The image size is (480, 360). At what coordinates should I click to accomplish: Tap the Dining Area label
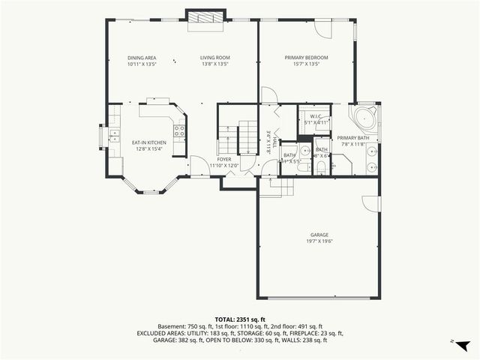(x=142, y=58)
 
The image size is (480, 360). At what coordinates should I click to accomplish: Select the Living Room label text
(x=214, y=58)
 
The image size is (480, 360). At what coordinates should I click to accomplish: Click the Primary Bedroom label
(x=306, y=58)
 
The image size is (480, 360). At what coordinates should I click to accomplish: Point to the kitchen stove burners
(x=179, y=134)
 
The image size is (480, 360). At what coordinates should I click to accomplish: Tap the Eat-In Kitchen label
(x=149, y=142)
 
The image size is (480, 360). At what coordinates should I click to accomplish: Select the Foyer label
(x=224, y=159)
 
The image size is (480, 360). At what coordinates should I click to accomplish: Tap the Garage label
(x=320, y=235)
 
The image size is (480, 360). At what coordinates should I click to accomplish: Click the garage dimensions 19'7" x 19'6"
(x=320, y=241)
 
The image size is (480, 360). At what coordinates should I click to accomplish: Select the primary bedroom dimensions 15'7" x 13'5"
(x=306, y=64)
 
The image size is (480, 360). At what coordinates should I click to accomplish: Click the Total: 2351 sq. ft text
(x=240, y=319)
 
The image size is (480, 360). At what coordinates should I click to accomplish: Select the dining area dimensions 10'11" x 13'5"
(x=142, y=64)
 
